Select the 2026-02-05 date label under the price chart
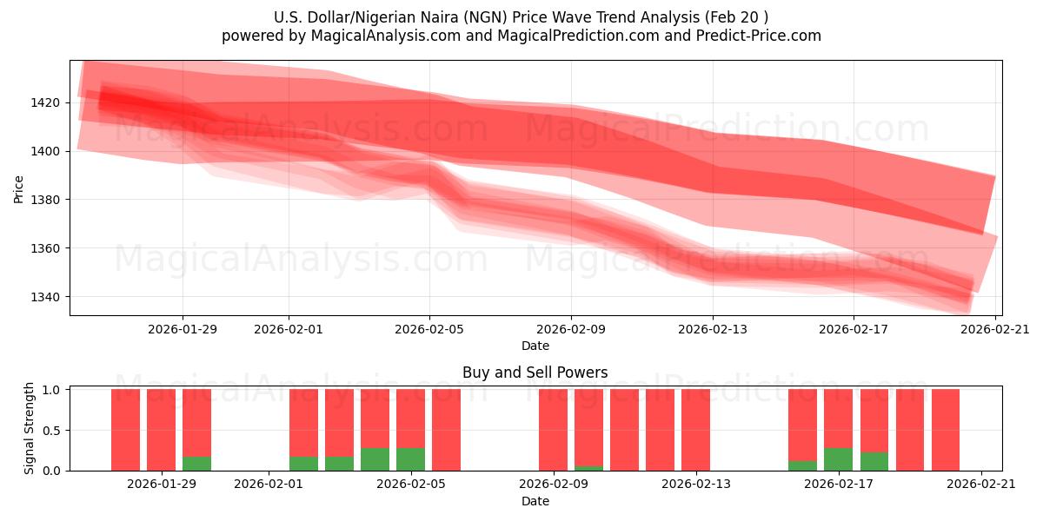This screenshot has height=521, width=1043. click(x=429, y=329)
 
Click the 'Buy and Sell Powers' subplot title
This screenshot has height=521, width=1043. click(x=535, y=373)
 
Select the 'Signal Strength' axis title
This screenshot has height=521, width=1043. click(x=30, y=428)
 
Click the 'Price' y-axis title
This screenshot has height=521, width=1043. click(x=19, y=188)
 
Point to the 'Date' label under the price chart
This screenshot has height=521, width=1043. click(x=535, y=346)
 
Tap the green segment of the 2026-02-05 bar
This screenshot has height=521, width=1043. click(x=410, y=459)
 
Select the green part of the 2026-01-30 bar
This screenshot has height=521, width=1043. click(x=196, y=464)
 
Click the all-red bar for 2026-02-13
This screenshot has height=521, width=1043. click(x=695, y=430)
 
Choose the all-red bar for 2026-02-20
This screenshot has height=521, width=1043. click(x=945, y=430)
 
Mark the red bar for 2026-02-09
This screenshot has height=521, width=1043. click(x=553, y=430)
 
